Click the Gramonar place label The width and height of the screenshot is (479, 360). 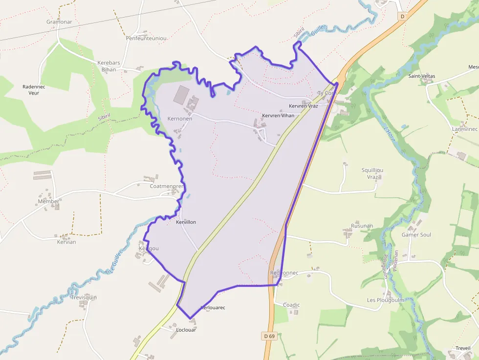coord(59,22)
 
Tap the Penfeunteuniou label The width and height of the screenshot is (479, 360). coord(146,38)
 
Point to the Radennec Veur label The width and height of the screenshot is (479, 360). coord(34,90)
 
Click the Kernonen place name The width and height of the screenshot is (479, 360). coord(179,119)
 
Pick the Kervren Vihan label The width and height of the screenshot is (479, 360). coord(278,116)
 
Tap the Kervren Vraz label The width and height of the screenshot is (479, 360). coord(303,106)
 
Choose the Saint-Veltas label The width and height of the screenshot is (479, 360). coord(421,76)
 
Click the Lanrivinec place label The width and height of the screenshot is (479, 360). coord(464,129)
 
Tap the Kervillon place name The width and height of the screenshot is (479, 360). coord(186,222)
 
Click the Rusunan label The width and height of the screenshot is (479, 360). coord(362,226)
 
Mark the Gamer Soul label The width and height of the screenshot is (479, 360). coord(416,235)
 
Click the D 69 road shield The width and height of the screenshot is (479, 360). coord(269,336)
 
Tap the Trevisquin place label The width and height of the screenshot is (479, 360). coord(84,297)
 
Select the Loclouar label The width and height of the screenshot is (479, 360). coord(186,330)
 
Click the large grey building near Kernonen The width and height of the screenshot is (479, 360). coord(180,94)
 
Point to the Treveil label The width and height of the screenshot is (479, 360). coord(462,348)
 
